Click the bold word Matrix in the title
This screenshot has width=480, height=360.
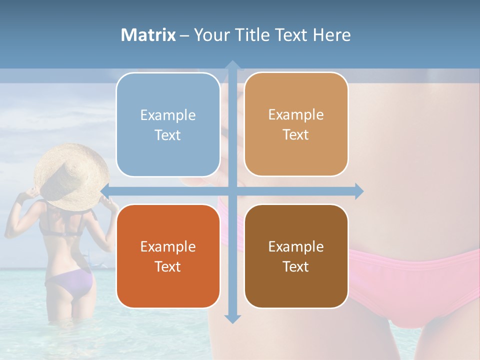pyautogui.click(x=148, y=35)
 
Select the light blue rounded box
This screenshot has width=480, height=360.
pyautogui.click(x=168, y=125)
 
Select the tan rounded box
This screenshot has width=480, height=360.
pyautogui.click(x=296, y=124)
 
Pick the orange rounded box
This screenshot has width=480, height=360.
pyautogui.click(x=168, y=256)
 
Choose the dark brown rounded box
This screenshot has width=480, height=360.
pyautogui.click(x=296, y=256)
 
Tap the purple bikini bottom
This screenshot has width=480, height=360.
pyautogui.click(x=70, y=282)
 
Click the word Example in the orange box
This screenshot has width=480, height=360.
pyautogui.click(x=168, y=247)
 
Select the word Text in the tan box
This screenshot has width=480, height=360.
pyautogui.click(x=296, y=135)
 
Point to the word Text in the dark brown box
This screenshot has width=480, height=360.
pyautogui.click(x=296, y=267)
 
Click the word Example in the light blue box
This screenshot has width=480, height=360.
pyautogui.click(x=168, y=115)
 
